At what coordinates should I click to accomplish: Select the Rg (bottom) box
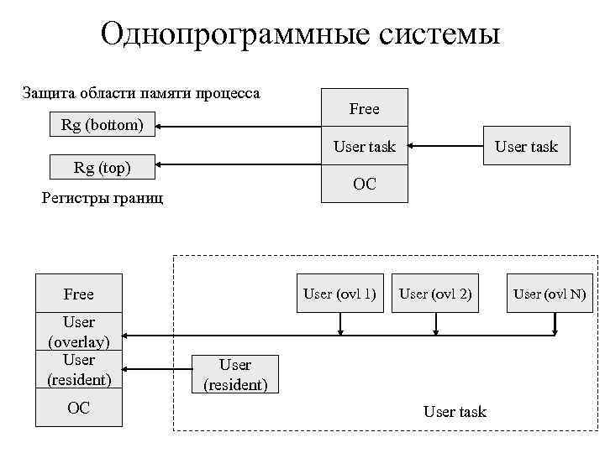coord(103,126)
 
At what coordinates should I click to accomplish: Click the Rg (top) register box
coord(103,167)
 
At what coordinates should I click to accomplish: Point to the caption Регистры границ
coord(103,199)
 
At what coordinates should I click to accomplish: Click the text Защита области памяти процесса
coord(141,92)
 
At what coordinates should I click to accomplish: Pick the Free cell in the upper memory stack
coord(364,109)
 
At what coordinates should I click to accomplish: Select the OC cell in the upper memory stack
coord(364,185)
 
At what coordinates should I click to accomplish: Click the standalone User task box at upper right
coord(526,147)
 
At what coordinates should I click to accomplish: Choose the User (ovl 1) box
coord(339,294)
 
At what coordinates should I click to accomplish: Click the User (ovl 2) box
coord(435,294)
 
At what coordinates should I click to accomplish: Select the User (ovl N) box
coord(550,294)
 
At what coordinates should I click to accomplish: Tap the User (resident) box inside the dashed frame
coord(235,375)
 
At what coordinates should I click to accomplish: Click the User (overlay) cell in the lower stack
coord(78,331)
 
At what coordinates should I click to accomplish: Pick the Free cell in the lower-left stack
coord(78,294)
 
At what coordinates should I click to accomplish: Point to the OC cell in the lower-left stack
coord(78,409)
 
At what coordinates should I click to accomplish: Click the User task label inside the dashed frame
coord(455,412)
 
